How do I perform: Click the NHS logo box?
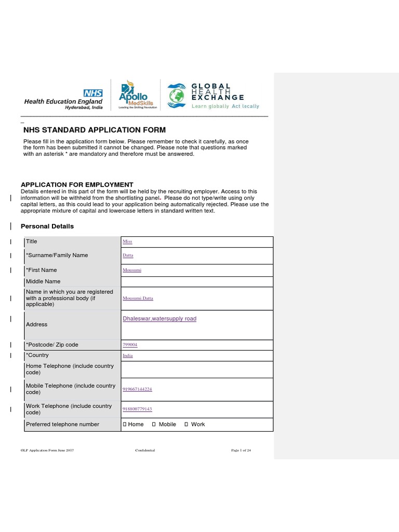tap(94, 93)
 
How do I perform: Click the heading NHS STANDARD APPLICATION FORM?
tap(95, 130)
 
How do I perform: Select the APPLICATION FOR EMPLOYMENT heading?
tap(77, 184)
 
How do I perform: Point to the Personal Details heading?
tap(47, 227)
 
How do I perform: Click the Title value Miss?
tap(127, 242)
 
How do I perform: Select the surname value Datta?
tap(128, 256)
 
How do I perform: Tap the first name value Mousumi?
tap(132, 270)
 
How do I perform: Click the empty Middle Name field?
tap(196, 282)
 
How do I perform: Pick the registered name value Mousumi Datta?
tap(138, 299)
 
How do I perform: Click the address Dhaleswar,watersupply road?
tap(159, 318)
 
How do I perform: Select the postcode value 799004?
tap(130, 345)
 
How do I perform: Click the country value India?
tap(127, 355)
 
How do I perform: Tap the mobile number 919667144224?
tap(137, 389)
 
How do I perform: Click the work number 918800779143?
tap(137, 409)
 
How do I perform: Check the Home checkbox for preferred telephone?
tap(124, 424)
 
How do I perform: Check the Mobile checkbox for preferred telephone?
tap(154, 424)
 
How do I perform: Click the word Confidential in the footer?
tap(145, 450)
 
